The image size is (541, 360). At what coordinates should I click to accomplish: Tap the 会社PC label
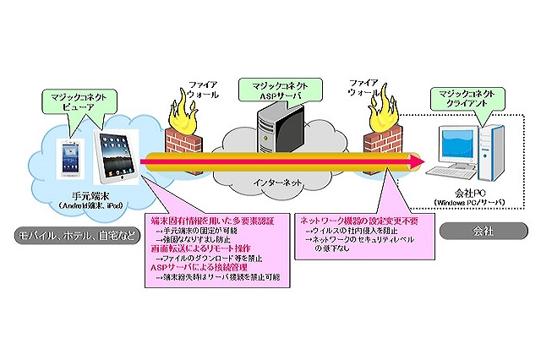coord(467,193)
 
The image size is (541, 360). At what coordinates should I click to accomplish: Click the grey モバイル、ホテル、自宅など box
coord(71,231)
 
